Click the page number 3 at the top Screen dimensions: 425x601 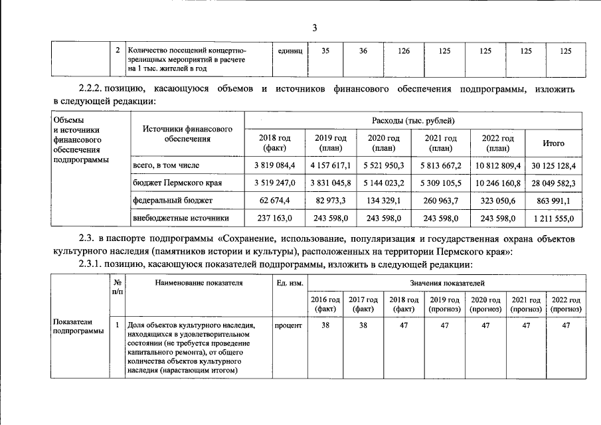315,27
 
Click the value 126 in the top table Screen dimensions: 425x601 404,50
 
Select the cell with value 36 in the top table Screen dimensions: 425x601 363,50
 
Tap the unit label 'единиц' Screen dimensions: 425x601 289,50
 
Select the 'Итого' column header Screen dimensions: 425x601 554,143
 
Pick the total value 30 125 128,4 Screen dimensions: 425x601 554,164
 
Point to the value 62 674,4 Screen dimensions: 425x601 274,199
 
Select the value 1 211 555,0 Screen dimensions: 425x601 554,217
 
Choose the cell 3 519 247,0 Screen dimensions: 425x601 274,182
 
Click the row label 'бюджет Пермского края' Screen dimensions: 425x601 177,182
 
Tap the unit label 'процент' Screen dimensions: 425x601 288,325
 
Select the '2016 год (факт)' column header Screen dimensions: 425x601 325,304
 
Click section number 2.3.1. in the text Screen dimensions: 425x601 89,264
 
